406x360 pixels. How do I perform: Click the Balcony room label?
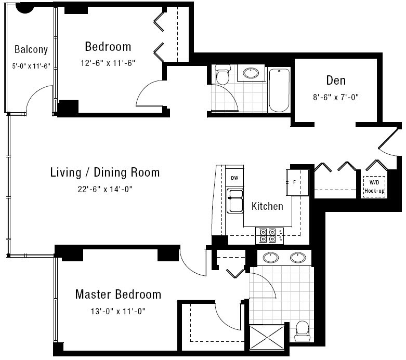coord(31,49)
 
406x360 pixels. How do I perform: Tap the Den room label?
coord(336,80)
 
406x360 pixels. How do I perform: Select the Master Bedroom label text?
coord(118,294)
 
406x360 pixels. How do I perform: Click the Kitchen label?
coord(267,206)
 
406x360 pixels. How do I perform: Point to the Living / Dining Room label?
coord(105,172)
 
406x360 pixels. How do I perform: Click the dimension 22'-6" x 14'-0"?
coord(105,189)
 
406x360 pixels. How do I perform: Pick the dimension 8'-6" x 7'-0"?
coord(336,97)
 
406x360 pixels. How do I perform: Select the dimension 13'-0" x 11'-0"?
coord(118,311)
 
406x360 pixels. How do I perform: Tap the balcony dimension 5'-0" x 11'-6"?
coord(31,66)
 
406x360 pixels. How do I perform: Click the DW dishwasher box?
coord(234,178)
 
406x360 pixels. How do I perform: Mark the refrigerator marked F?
coord(297,182)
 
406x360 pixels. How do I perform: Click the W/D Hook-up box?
coord(374,187)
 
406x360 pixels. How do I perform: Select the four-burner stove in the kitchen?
coord(270,235)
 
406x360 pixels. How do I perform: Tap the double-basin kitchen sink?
coord(235,201)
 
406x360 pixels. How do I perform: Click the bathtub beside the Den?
coord(279,90)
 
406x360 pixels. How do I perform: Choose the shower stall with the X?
coord(267,338)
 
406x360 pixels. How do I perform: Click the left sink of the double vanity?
coord(271,258)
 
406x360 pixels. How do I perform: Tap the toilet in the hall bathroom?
coord(222,74)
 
